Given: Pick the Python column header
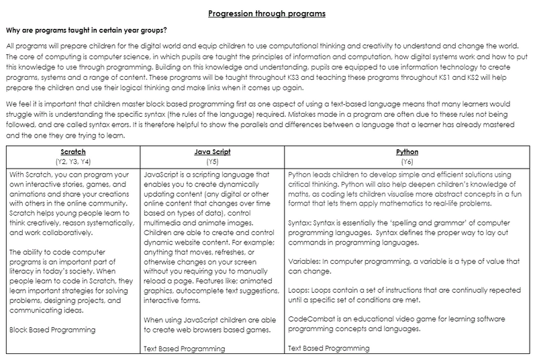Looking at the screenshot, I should coord(407,152).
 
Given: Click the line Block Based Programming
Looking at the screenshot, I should coord(54,329).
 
